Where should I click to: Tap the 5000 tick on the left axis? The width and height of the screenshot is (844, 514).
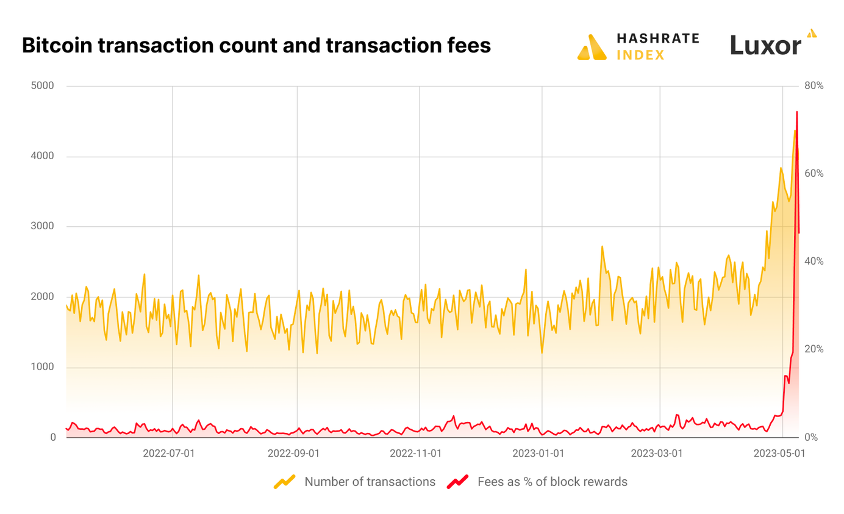43,86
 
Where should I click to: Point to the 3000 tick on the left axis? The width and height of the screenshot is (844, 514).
43,227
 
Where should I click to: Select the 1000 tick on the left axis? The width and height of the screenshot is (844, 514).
43,367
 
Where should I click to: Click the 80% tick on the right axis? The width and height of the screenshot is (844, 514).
814,86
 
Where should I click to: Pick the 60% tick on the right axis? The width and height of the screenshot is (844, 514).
814,174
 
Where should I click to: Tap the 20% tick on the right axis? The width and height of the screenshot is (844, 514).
814,349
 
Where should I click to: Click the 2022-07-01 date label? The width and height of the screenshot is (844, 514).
169,454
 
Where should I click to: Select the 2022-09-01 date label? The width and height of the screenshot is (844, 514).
293,454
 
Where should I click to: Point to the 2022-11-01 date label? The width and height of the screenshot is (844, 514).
416,454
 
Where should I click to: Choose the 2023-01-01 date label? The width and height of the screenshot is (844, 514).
538,454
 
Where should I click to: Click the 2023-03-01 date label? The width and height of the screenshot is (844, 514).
657,454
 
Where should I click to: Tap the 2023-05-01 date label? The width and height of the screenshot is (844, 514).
779,454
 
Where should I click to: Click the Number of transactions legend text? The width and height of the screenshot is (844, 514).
370,482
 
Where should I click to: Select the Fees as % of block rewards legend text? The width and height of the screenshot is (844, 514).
553,482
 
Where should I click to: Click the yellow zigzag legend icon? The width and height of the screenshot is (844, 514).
284,482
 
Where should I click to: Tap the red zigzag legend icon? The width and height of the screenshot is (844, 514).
457,482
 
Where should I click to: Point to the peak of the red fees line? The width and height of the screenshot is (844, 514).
796,112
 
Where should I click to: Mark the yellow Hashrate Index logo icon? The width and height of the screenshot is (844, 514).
592,48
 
